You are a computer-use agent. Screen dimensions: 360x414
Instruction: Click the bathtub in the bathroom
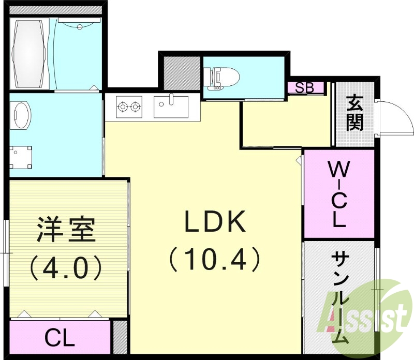(29, 53)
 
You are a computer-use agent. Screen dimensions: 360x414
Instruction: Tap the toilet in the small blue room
(223, 78)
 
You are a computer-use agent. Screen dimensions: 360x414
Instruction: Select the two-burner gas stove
(129, 107)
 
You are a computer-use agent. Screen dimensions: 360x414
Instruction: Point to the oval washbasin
(21, 115)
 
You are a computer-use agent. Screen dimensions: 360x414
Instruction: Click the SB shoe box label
(305, 87)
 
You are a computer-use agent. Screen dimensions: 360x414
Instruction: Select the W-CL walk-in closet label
(338, 194)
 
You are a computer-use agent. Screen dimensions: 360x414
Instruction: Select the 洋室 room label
(66, 230)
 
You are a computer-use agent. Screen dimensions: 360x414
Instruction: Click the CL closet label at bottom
(60, 339)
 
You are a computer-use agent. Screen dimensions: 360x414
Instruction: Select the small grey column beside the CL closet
(120, 337)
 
